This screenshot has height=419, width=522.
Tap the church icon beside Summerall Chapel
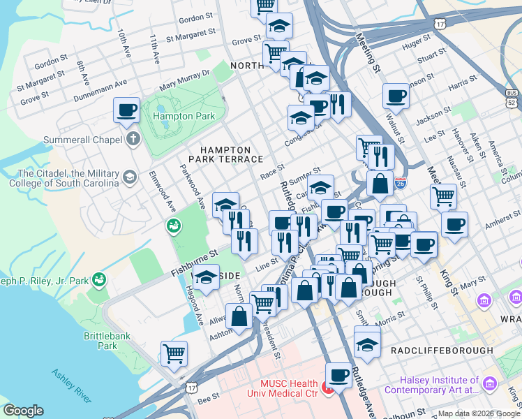(x=131, y=138)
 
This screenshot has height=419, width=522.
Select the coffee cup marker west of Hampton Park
(x=126, y=110)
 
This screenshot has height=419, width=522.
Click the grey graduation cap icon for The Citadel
(x=129, y=177)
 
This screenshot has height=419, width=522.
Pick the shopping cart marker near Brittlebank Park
(x=174, y=353)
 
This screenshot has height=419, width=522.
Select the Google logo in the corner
(x=23, y=411)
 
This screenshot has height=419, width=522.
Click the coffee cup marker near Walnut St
(x=396, y=96)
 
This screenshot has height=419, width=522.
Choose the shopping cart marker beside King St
(x=443, y=197)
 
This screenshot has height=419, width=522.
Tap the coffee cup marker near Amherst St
(x=454, y=225)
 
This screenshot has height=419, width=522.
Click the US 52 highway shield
(x=512, y=98)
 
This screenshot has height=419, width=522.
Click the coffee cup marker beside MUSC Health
(x=339, y=374)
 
